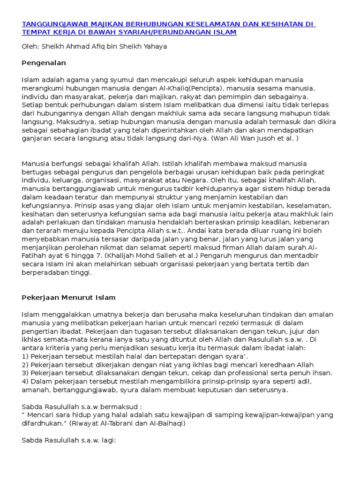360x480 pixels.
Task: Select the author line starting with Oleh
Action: [x=94, y=46]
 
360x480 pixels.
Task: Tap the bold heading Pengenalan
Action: [x=44, y=62]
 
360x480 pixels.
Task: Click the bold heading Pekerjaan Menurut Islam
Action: [x=68, y=297]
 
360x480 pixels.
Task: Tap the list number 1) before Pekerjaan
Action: [x=25, y=356]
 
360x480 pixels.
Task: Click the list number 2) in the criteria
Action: [x=25, y=365]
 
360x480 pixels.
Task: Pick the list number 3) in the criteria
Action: [x=25, y=373]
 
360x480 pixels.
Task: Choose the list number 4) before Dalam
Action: [x=25, y=381]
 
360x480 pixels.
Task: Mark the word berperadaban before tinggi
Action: [x=48, y=273]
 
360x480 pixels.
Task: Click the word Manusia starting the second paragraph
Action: [x=35, y=164]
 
